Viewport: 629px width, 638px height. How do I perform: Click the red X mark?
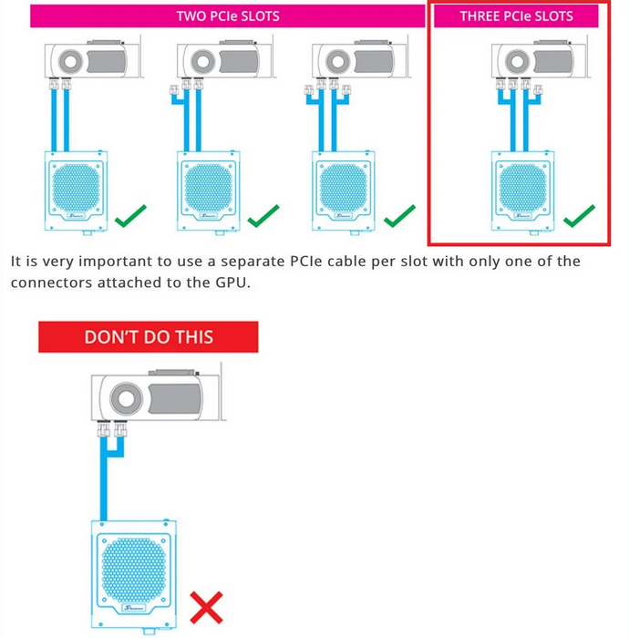[x=206, y=607]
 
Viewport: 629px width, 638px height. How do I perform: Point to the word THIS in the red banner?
[x=195, y=337]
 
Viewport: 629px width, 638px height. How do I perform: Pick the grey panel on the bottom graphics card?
[x=176, y=398]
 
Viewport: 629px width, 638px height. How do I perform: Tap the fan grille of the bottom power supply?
[x=134, y=570]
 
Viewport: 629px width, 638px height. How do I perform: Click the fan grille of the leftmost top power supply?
[x=76, y=188]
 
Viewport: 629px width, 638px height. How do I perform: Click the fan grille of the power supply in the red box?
[x=523, y=188]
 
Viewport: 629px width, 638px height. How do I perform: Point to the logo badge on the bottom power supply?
[x=134, y=608]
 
